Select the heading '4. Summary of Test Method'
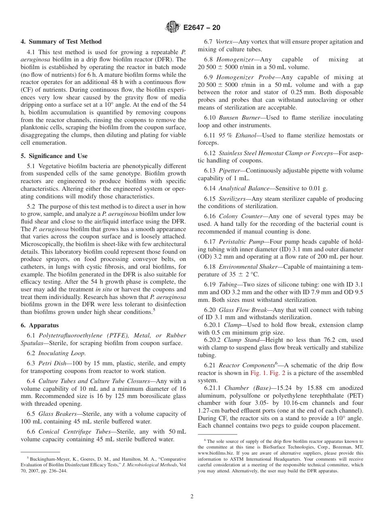tap(61, 42)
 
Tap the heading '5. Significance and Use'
tap(54, 156)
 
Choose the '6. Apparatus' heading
tap(40, 325)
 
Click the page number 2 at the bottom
tap(192, 497)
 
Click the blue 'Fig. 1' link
tap(257, 373)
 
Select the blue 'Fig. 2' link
tap(276, 373)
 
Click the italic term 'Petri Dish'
tap(52, 363)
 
